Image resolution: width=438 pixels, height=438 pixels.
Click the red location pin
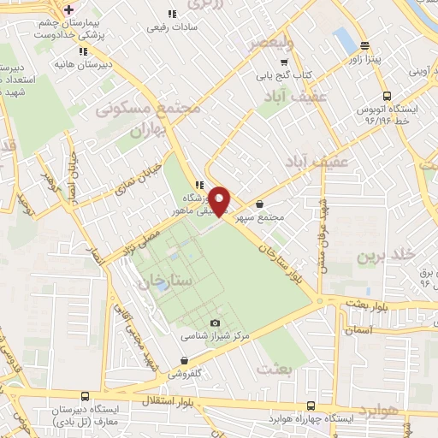point(221,201)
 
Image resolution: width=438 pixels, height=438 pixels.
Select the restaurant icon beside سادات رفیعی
point(172,14)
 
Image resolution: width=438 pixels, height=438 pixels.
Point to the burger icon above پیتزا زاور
point(365,45)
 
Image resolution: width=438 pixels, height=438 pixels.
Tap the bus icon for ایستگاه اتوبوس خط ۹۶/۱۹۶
point(387,96)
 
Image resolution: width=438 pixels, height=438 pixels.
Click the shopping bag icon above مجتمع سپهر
point(259,204)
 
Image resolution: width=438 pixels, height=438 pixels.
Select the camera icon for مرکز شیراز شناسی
point(216,323)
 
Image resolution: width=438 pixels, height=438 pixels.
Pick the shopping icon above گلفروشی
point(185,360)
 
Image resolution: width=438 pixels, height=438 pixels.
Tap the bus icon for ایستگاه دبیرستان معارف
point(84,396)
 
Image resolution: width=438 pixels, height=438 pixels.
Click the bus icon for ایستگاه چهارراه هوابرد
point(311,405)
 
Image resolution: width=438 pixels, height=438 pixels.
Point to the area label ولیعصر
point(269,43)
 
